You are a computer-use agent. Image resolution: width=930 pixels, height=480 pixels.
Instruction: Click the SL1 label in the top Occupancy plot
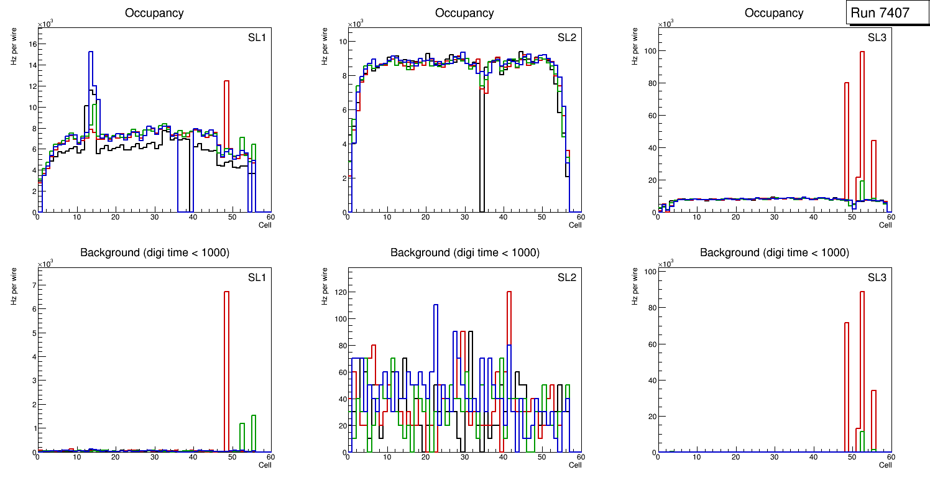click(257, 37)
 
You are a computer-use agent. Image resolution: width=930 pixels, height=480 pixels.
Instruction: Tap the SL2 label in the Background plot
click(566, 277)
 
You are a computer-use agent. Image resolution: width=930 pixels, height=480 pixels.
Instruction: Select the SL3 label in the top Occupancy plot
click(877, 37)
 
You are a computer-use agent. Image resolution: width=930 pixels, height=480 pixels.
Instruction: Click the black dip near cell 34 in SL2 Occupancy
click(482, 155)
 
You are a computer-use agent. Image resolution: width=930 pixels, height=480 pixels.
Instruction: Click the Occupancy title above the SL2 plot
click(464, 13)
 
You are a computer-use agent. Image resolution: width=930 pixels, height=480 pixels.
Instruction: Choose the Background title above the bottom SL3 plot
click(774, 252)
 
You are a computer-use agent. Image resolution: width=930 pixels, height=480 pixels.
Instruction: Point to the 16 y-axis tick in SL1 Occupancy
click(31, 44)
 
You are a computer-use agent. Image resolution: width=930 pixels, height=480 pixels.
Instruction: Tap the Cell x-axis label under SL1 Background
click(265, 464)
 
